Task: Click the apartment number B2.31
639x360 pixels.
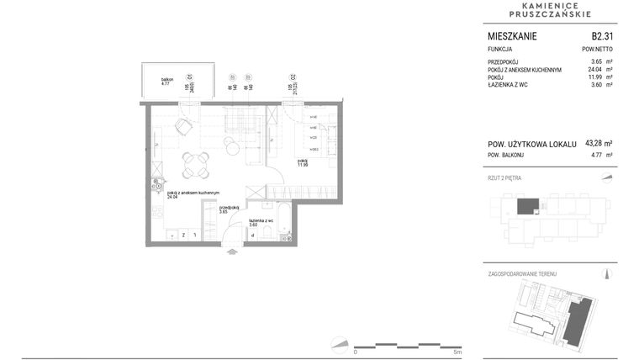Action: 601,36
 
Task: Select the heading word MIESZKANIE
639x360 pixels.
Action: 512,36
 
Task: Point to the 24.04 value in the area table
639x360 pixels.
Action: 590,70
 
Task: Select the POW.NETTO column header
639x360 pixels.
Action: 596,50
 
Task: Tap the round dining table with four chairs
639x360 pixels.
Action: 196,162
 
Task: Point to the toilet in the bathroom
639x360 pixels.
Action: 267,231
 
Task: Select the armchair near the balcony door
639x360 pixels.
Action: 182,127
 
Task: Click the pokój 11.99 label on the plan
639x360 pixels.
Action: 302,162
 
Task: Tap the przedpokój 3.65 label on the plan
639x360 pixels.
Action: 229,209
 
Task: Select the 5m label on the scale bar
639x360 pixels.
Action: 457,352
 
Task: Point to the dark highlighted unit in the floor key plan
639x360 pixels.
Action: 527,206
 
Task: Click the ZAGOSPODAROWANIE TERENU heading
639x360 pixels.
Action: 522,274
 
